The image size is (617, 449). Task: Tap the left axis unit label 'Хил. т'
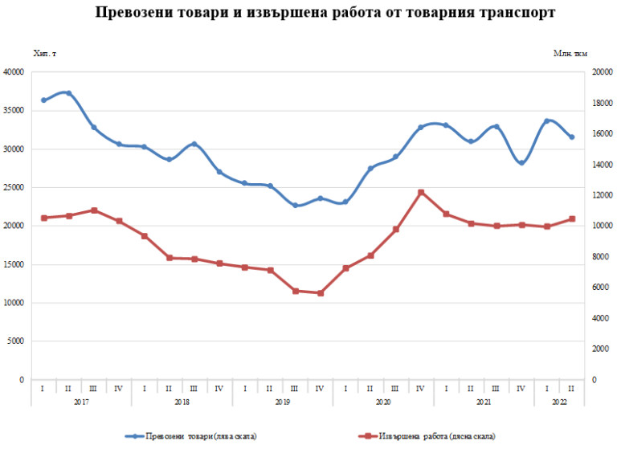pyautogui.click(x=44, y=53)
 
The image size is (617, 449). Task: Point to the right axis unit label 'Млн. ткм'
pyautogui.click(x=570, y=53)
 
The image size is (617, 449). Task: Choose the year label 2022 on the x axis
pyautogui.click(x=559, y=401)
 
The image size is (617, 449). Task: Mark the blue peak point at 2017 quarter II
pyautogui.click(x=68, y=93)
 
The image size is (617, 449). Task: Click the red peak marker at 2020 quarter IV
pyautogui.click(x=421, y=193)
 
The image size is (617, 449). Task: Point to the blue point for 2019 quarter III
pyautogui.click(x=295, y=206)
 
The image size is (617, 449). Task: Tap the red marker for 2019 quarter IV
pyautogui.click(x=320, y=293)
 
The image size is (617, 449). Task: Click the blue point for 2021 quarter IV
pyautogui.click(x=521, y=163)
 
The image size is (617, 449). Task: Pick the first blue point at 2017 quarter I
pyautogui.click(x=43, y=100)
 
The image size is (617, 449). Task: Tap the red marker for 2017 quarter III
pyautogui.click(x=93, y=210)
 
